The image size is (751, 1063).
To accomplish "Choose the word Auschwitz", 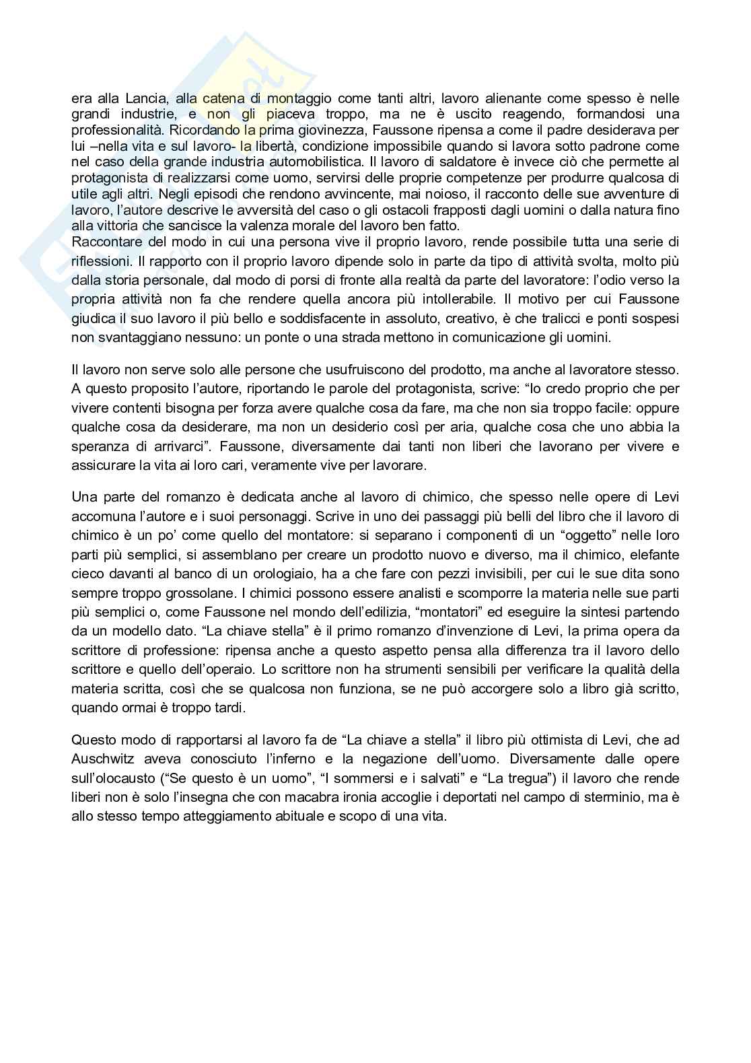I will pos(102,759).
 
